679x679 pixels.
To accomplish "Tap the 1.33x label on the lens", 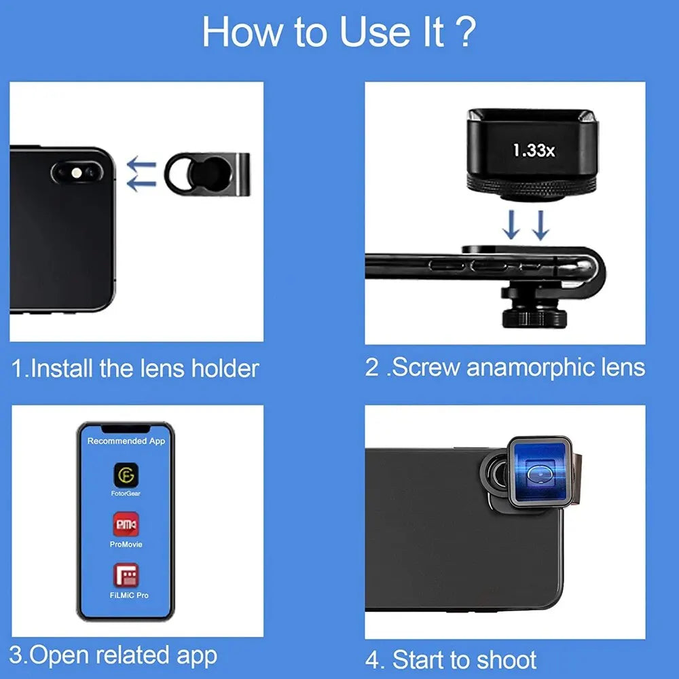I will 534,151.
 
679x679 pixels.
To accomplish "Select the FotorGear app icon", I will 126,473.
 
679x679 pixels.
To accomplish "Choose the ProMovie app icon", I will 126,524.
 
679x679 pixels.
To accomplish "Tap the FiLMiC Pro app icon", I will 126,575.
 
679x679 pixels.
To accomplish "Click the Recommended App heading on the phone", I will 126,441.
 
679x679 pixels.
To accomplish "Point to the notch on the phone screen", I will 126,429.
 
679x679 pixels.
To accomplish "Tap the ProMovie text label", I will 126,545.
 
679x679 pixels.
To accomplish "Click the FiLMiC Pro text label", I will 129,595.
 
